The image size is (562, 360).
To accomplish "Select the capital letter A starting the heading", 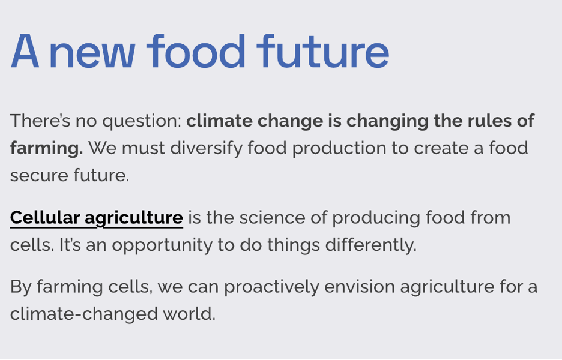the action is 25,51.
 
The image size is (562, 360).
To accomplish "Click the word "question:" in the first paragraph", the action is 142,121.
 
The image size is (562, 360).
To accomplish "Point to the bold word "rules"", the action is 489,121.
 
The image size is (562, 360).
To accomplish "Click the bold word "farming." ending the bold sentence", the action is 47,149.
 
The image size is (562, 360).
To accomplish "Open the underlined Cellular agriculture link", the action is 97,218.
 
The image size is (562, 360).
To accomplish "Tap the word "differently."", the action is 371,245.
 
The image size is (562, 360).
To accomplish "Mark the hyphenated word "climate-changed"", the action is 84,314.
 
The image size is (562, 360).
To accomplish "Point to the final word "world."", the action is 189,314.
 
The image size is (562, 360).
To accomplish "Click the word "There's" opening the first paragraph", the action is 40,121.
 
